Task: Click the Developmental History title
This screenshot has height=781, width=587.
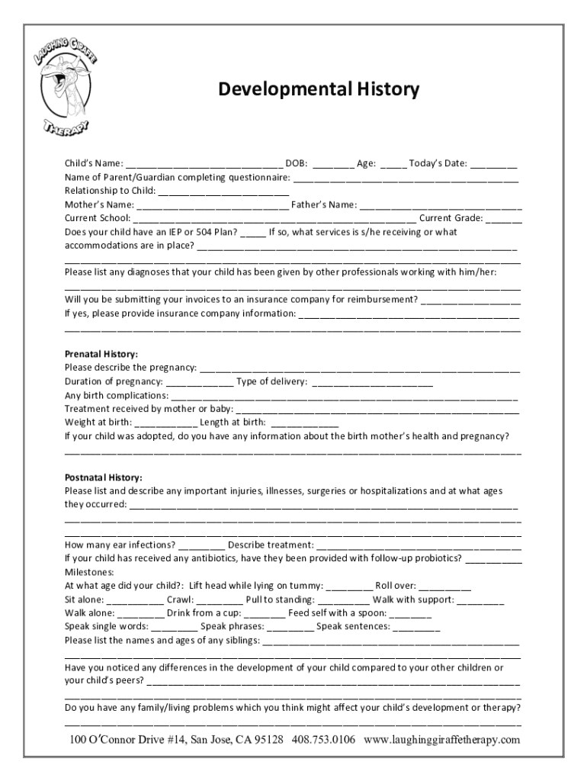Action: pos(319,90)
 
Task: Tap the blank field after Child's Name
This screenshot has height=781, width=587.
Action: pos(204,164)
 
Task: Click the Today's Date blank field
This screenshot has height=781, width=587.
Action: pos(493,164)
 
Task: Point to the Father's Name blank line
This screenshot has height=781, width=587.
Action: pos(441,205)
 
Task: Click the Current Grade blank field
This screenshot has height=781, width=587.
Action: pos(503,219)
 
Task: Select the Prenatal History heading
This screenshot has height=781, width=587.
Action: pos(101,355)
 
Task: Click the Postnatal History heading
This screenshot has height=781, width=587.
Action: pos(104,477)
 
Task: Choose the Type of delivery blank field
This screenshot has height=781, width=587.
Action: pos(372,382)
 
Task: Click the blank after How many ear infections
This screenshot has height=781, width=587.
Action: pos(202,545)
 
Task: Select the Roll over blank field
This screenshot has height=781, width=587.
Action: pos(444,587)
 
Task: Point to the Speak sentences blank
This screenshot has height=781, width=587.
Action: pos(416,628)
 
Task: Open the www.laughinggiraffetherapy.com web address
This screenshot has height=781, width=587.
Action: pos(442,741)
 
